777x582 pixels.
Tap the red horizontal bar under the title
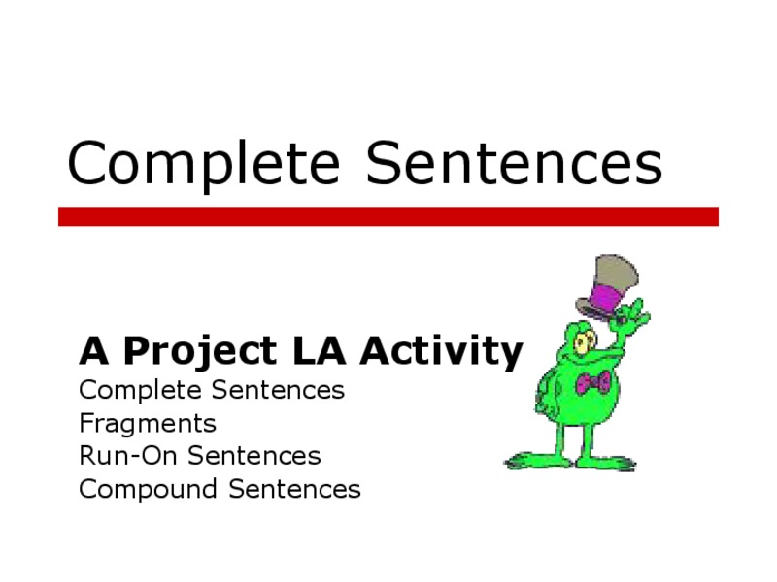click(388, 216)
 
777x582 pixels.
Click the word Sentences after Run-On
click(253, 456)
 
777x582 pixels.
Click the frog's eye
click(584, 340)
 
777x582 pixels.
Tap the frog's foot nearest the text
click(529, 459)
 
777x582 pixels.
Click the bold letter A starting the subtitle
click(91, 351)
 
